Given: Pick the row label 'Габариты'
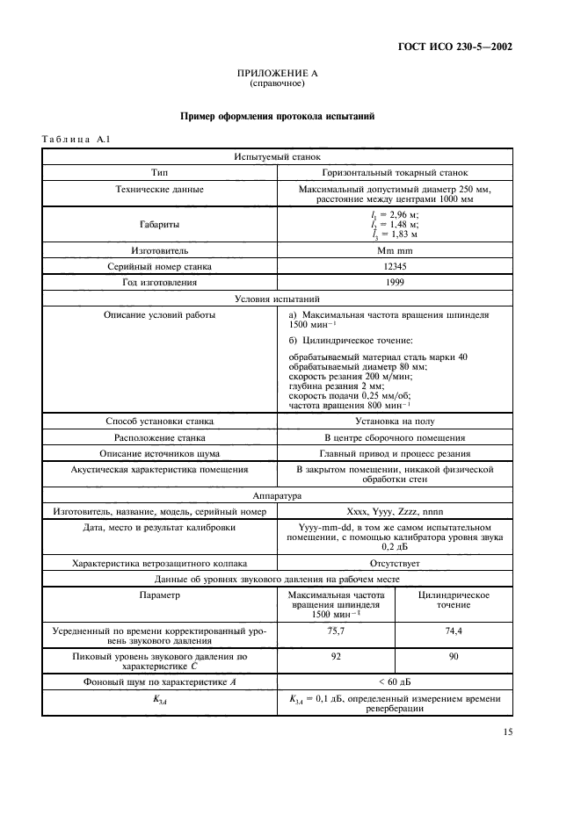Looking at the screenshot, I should point(160,225).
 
